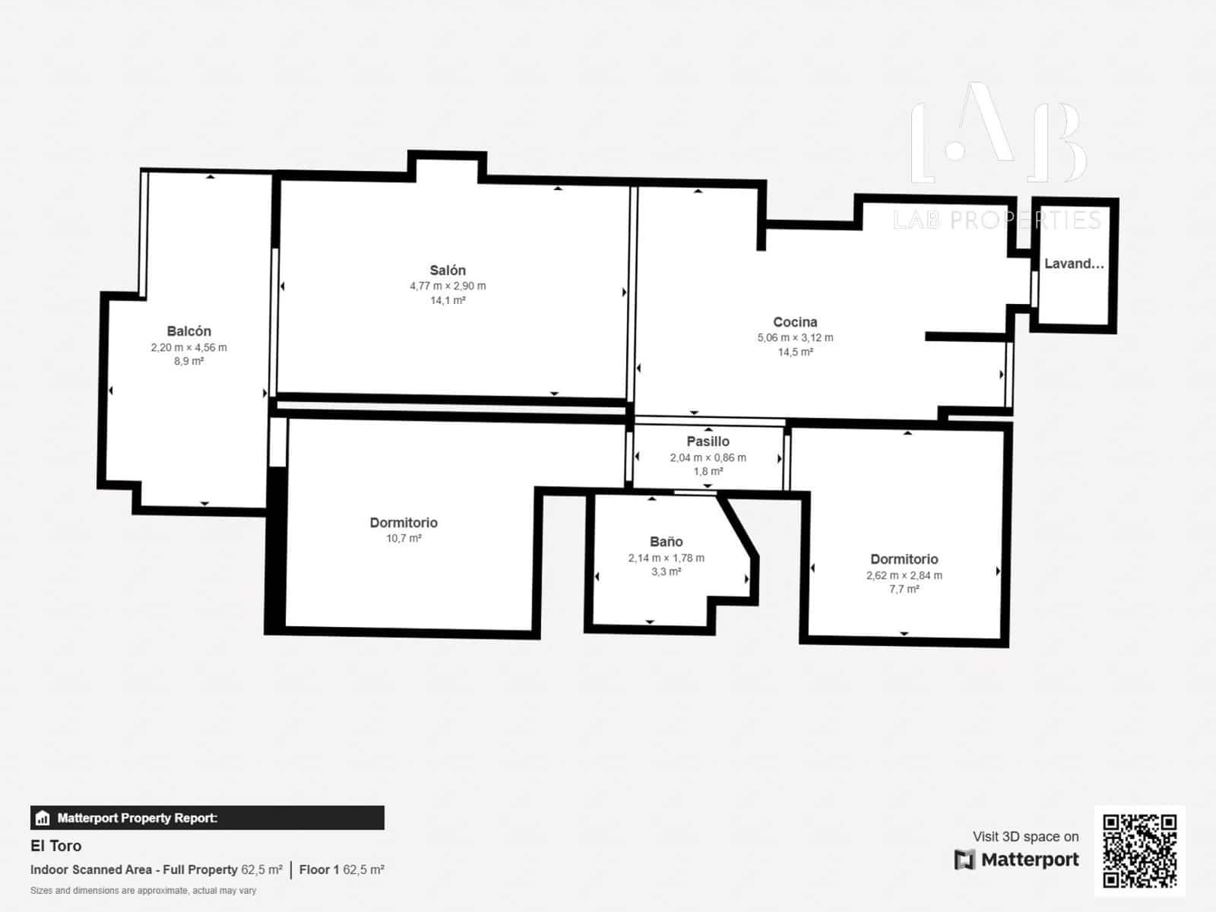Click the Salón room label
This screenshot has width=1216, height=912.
pyautogui.click(x=448, y=270)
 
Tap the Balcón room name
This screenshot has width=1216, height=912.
pyautogui.click(x=188, y=331)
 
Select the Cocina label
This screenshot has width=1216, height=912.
pyautogui.click(x=795, y=322)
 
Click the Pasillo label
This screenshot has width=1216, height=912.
pyautogui.click(x=708, y=442)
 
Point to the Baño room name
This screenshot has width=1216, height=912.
pyautogui.click(x=666, y=542)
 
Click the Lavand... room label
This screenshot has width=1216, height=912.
pyautogui.click(x=1073, y=264)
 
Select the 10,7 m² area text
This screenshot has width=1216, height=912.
pyautogui.click(x=404, y=539)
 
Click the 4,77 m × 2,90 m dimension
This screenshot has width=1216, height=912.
pyautogui.click(x=448, y=287)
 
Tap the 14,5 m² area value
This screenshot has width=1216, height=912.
pyautogui.click(x=795, y=353)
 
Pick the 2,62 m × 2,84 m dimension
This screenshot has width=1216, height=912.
pyautogui.click(x=904, y=575)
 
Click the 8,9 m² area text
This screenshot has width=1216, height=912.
pyautogui.click(x=188, y=362)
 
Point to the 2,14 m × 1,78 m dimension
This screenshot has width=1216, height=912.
pyautogui.click(x=666, y=558)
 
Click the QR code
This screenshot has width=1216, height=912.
pyautogui.click(x=1139, y=851)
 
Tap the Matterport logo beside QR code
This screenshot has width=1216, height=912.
pyautogui.click(x=1017, y=860)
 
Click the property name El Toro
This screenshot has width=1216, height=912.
pyautogui.click(x=55, y=846)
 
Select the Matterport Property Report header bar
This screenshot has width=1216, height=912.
pyautogui.click(x=207, y=818)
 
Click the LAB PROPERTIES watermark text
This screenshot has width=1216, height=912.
pyautogui.click(x=997, y=220)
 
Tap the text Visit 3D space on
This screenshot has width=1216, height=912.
pyautogui.click(x=1025, y=837)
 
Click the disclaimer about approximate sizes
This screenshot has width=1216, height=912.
pyautogui.click(x=143, y=891)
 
